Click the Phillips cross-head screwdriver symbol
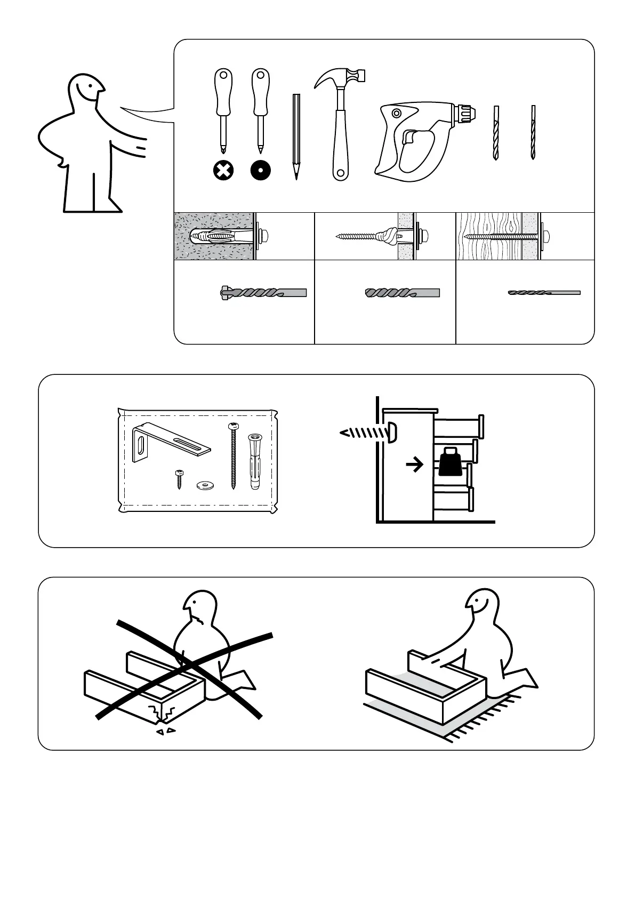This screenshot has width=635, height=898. tap(223, 171)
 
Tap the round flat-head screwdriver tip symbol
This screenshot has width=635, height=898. tap(261, 171)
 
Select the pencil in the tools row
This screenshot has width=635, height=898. tap(296, 136)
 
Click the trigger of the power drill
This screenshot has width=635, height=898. tap(407, 138)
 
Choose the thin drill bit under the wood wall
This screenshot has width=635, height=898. tap(544, 293)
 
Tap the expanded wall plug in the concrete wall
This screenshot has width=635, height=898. tap(219, 235)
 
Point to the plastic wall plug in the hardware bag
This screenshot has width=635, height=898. tap(254, 461)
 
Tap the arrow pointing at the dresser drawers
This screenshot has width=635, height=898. tap(415, 465)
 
